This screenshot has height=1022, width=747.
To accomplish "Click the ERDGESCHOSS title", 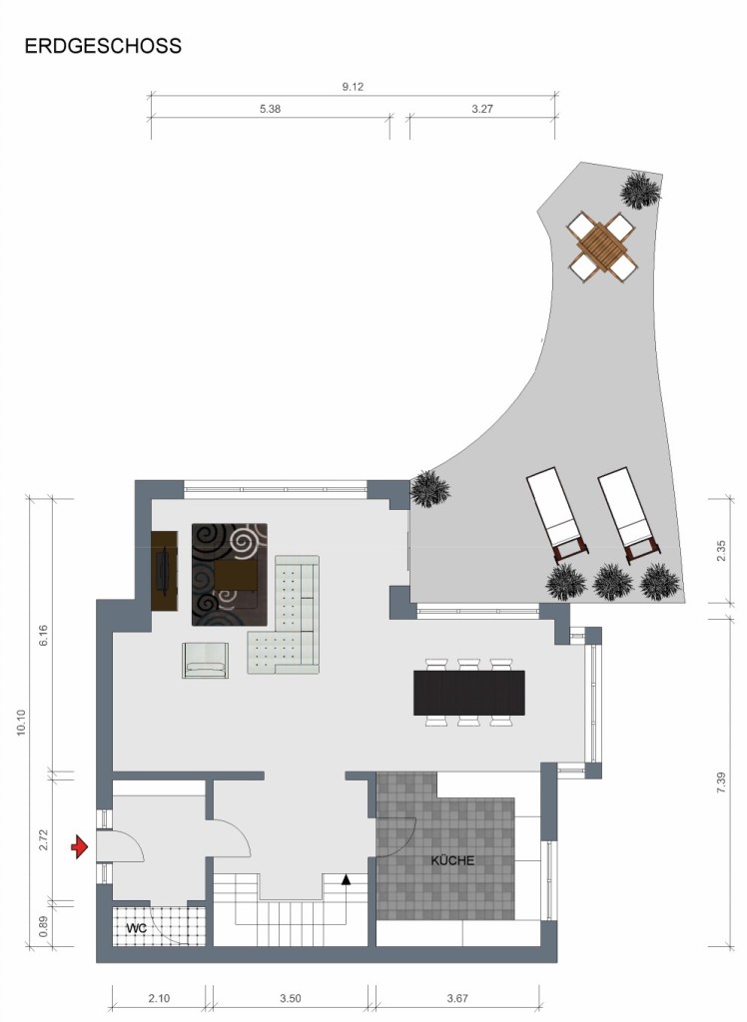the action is click(x=103, y=46).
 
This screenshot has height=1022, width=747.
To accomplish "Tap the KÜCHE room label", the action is click(x=452, y=860).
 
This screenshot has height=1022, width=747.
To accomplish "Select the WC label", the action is click(x=137, y=927).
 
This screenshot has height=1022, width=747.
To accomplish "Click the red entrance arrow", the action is click(x=80, y=847).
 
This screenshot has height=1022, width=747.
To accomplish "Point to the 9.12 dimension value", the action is click(x=353, y=87).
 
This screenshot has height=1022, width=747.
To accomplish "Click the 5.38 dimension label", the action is click(x=270, y=109).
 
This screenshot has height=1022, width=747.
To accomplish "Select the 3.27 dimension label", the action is click(x=482, y=109).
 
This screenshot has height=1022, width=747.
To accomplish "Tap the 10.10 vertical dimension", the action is click(x=22, y=723).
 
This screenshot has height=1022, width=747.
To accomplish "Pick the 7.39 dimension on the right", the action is click(x=721, y=781).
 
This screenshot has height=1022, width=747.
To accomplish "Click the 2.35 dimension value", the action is click(x=721, y=551).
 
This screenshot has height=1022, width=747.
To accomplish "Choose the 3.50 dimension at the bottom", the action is click(x=291, y=998).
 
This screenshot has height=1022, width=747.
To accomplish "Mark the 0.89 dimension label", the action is click(x=44, y=926).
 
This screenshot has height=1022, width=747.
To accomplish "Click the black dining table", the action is click(x=469, y=693).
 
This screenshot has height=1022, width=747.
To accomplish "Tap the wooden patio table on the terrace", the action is click(x=601, y=247).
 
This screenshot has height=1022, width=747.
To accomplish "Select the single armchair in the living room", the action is click(x=206, y=661).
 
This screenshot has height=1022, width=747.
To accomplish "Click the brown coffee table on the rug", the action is click(x=236, y=576).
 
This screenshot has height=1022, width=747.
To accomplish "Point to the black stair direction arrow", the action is click(x=346, y=880).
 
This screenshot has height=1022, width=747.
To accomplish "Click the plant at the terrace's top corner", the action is click(x=640, y=190).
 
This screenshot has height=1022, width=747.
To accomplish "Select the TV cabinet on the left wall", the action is click(x=165, y=571).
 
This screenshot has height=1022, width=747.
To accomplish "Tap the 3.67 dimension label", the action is click(x=457, y=998).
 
